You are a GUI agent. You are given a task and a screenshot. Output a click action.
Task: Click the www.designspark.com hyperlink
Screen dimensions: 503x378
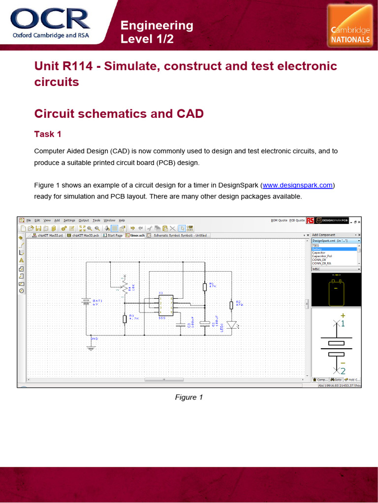(x=298, y=185)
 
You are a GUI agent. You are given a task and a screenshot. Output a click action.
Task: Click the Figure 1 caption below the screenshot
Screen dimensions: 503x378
(x=189, y=397)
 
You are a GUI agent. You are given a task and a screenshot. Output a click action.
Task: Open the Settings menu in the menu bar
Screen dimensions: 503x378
(x=69, y=220)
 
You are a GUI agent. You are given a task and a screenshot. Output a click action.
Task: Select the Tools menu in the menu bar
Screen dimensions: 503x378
(x=96, y=220)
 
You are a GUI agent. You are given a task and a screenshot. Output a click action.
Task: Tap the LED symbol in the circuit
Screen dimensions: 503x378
(x=232, y=325)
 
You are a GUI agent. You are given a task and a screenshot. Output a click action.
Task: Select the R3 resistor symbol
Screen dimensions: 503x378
(x=125, y=319)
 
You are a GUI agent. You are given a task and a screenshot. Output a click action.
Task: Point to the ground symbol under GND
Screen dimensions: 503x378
(x=91, y=347)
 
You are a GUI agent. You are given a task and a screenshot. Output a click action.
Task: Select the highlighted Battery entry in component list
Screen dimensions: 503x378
(x=335, y=249)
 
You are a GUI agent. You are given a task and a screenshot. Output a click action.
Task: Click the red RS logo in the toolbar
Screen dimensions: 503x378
(x=310, y=221)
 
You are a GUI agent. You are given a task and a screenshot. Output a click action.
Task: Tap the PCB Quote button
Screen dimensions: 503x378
(x=297, y=220)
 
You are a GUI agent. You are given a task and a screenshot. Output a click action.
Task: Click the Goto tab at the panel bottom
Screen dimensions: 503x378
(x=337, y=380)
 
